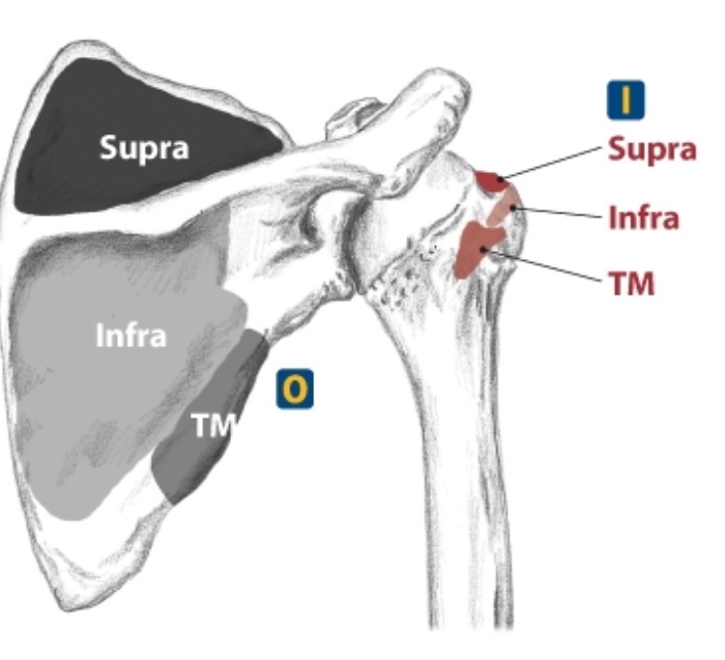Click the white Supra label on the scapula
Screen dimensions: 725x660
[x=145, y=148]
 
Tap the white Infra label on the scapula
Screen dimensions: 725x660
[x=131, y=336]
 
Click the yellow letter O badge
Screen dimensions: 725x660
[x=296, y=388]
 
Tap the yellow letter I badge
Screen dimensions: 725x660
[x=625, y=100]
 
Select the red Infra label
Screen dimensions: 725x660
[x=644, y=217]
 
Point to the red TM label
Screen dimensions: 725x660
[x=630, y=283]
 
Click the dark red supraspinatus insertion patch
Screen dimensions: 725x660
[x=489, y=181]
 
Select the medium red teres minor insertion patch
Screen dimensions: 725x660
[x=477, y=246]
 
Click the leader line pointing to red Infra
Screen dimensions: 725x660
[x=561, y=212]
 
